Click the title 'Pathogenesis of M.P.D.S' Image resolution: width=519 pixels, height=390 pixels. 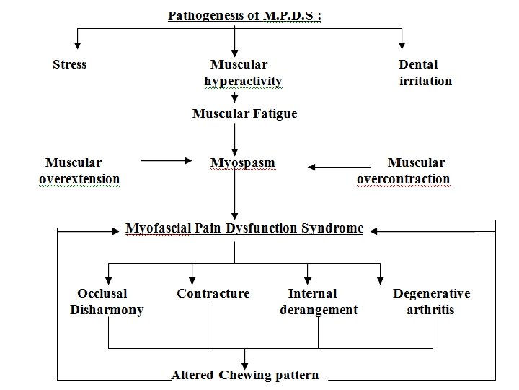point(244,15)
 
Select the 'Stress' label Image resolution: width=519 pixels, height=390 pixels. point(69,65)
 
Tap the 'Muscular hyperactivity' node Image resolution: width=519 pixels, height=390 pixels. point(242,73)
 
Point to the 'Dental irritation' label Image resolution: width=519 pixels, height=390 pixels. point(425,73)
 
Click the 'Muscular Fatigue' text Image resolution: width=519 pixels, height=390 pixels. point(244,114)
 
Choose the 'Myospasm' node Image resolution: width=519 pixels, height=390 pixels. point(242,163)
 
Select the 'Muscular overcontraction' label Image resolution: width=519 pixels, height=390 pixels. point(404,171)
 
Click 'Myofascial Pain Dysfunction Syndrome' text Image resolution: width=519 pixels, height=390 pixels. point(244,228)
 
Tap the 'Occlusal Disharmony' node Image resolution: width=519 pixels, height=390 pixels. point(106,302)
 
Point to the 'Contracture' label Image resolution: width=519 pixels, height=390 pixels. point(213,294)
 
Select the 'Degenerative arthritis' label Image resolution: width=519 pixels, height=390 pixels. point(431,302)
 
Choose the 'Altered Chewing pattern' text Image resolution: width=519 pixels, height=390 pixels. point(244,376)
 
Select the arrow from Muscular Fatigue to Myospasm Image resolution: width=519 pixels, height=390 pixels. point(235,137)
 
